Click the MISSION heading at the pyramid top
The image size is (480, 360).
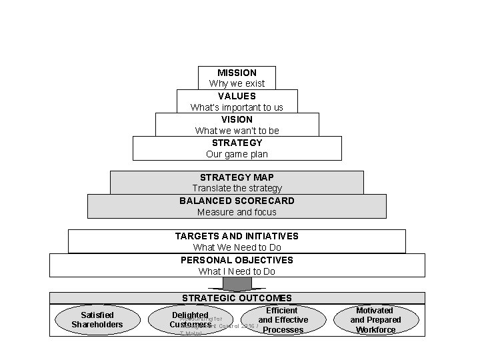tap(237, 72)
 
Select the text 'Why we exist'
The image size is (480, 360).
tap(237, 83)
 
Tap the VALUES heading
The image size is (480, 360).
tap(237, 95)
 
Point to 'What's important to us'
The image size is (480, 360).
tap(237, 107)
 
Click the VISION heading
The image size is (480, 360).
tap(237, 119)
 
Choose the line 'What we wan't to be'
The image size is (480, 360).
tap(237, 131)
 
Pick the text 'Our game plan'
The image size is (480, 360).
tap(237, 154)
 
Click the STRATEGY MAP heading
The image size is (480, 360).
tap(237, 177)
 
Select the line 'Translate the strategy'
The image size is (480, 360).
tap(237, 189)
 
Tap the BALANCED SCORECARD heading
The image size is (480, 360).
tap(237, 200)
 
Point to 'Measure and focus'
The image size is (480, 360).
tap(237, 212)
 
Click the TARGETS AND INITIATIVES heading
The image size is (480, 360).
tap(237, 236)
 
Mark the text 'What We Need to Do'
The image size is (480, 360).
tap(237, 247)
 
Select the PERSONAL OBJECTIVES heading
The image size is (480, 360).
tap(237, 259)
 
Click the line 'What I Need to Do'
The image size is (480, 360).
tap(237, 271)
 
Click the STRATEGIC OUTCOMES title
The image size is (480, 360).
tap(237, 298)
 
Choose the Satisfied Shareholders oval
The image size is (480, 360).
tap(97, 319)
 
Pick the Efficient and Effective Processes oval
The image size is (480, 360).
tap(283, 320)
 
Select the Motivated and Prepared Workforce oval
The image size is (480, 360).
tap(375, 320)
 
